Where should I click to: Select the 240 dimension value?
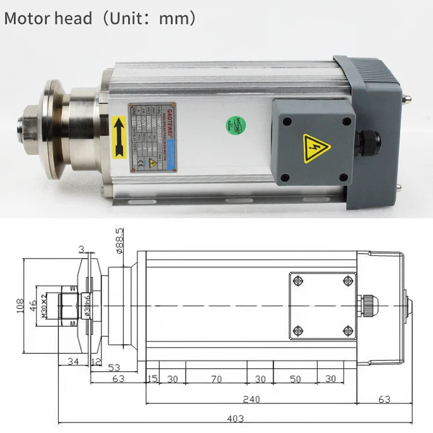click(x=251, y=399)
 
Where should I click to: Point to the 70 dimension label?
click(x=216, y=379)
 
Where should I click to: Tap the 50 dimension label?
click(x=295, y=379)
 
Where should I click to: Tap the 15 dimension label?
click(x=152, y=379)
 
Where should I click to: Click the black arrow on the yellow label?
click(x=120, y=136)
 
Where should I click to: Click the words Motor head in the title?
click(x=48, y=18)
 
